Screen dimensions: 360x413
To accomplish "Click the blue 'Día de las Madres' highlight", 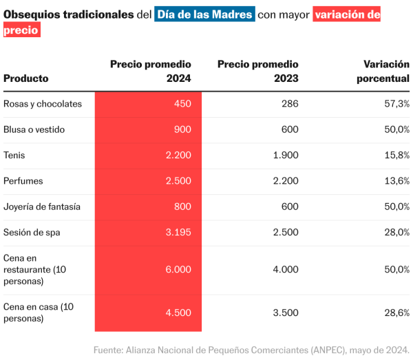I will coord(205,14).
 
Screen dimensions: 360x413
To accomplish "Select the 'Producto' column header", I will coord(26,78).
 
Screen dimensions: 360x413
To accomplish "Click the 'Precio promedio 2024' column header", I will coord(151,71).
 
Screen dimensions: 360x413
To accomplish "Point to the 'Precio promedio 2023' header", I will coord(258,71).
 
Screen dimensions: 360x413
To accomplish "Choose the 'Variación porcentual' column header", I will coord(383,71).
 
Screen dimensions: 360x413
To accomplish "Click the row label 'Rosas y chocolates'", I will coord(43,104).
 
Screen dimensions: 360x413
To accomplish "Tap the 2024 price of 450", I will coord(182,104).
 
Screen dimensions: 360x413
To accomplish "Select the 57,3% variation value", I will coord(397,104).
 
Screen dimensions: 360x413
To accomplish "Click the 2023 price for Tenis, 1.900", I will coord(286,156).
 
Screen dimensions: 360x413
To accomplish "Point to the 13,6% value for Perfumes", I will coord(397,181).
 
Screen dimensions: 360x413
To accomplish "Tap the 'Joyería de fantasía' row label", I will coord(42,207).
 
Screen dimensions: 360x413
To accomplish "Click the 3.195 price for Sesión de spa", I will coord(178,233).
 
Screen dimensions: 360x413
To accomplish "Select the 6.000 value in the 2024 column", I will coord(178,270).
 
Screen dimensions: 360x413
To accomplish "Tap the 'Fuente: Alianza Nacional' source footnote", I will coord(252,350).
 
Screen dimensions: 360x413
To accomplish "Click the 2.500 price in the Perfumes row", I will coord(178,181).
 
